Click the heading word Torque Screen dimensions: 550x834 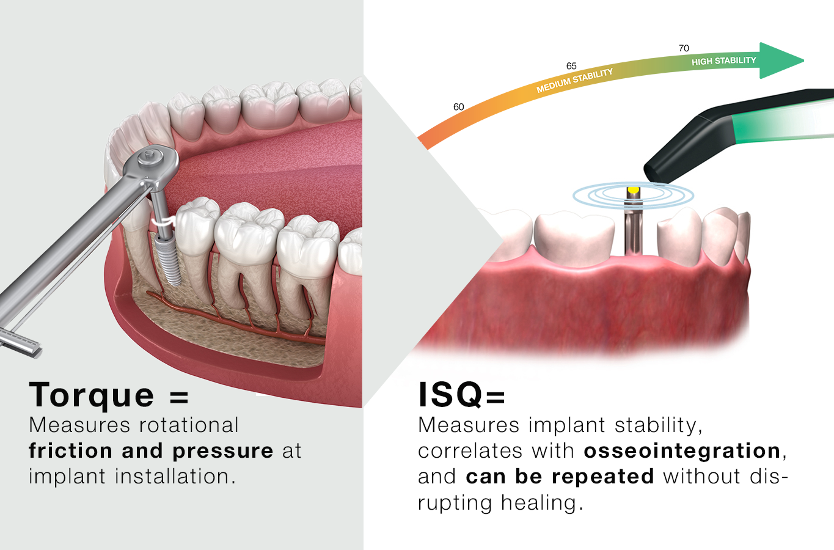point(92,395)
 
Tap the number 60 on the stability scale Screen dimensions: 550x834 point(458,107)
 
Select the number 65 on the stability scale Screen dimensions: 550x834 point(571,66)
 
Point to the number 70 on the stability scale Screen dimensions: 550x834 point(684,48)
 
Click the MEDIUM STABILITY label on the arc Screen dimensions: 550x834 point(574,81)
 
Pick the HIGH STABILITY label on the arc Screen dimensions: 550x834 point(723,61)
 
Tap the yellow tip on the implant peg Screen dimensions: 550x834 point(634,190)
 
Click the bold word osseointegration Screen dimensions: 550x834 point(682,451)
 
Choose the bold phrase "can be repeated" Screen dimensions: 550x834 point(560,477)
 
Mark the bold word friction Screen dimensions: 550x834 point(71,451)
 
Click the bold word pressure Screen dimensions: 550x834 point(222,451)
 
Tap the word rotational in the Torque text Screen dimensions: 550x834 point(189,425)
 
